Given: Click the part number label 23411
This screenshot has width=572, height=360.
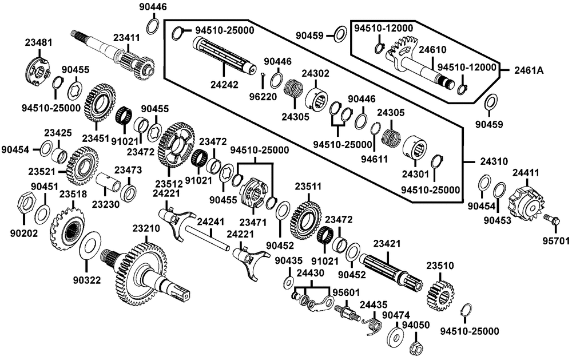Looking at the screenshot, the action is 126,38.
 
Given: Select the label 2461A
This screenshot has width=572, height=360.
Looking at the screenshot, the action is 529,70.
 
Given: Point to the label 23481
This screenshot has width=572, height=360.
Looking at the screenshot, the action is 39,42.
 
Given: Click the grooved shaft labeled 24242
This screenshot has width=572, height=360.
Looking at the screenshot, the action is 224,57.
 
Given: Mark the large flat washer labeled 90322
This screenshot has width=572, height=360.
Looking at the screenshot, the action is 90,244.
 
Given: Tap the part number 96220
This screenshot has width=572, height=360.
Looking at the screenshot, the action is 263,96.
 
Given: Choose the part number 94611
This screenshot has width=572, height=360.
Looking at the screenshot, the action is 375,159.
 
